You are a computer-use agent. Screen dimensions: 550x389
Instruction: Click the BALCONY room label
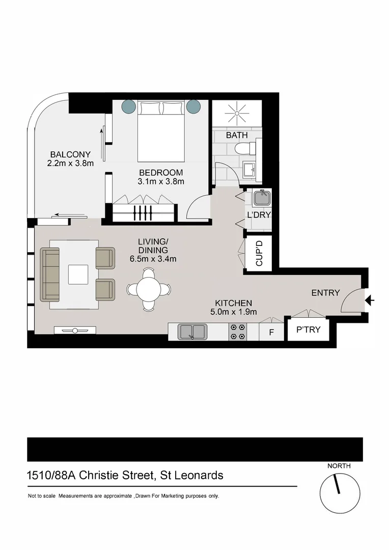pos(70,154)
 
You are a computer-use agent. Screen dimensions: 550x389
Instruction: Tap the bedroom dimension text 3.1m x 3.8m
pos(161,181)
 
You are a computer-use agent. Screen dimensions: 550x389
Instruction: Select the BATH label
pos(237,135)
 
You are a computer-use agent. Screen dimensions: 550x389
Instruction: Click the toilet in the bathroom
pos(245,149)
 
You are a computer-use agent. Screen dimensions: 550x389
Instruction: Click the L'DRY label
pos(259,215)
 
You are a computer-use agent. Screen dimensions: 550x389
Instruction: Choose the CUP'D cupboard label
pos(259,253)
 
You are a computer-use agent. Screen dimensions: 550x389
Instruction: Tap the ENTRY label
pos(325,293)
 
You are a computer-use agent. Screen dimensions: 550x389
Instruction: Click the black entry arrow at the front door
pos(370,301)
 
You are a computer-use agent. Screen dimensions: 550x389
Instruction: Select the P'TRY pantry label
pos(309,329)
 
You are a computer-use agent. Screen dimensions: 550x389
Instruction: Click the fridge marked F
pos(271,332)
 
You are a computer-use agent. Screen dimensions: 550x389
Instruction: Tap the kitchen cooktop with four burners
pos(238,332)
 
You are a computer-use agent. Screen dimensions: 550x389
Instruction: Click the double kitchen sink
pos(192,332)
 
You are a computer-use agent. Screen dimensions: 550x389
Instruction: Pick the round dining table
pos(148,289)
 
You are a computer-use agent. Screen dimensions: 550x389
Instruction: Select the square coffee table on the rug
pos(78,274)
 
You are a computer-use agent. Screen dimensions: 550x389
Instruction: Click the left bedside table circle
pos(129,106)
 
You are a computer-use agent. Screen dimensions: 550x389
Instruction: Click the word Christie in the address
pos(123,476)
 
